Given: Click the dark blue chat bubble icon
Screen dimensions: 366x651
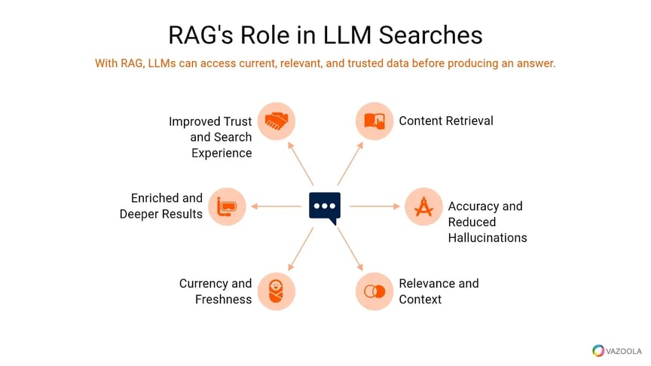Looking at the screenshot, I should tap(325, 206).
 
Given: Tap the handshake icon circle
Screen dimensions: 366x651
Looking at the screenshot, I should tap(277, 120).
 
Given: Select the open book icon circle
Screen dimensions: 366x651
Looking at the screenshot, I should tap(374, 120).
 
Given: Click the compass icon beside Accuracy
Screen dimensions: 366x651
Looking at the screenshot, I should tap(423, 206).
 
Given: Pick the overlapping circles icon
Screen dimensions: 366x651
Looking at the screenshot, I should tap(374, 291).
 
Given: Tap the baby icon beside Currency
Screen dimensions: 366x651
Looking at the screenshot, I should tap(277, 291).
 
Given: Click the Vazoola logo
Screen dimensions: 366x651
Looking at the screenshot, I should tap(616, 350).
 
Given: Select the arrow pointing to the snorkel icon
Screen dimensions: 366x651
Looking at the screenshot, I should tap(276, 206).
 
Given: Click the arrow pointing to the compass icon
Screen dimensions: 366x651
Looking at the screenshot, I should tap(374, 206).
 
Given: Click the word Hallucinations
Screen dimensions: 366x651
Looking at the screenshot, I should tap(487, 238).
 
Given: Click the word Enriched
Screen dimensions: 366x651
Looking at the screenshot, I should tap(155, 198).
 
